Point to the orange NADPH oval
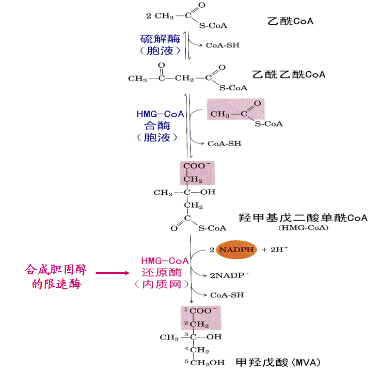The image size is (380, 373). point(236,250)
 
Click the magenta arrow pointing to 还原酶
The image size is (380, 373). point(112,272)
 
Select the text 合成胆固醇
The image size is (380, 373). point(56,269)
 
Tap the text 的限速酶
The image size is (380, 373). point(56,284)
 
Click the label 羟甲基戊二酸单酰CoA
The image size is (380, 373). point(303,217)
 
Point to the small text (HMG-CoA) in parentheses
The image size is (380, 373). point(303,228)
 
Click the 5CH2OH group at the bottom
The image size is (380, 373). point(204,362)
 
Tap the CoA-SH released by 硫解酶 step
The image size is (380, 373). point(221,45)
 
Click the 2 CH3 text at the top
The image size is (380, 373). point(160,17)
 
